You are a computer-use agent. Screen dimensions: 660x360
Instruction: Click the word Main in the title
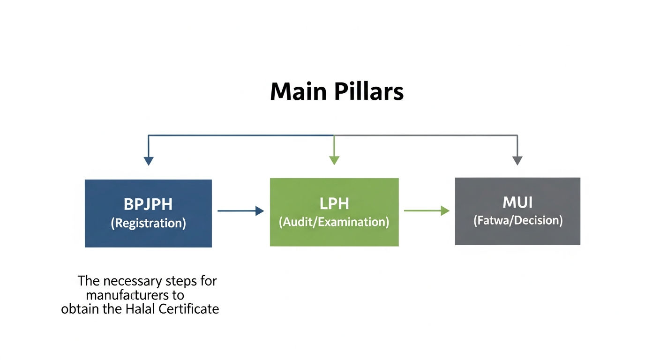pos(299,91)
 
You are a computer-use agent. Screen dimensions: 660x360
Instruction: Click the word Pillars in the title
pos(369,91)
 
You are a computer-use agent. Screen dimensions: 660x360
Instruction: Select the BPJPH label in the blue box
pos(148,204)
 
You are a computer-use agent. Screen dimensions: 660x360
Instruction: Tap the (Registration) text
pos(148,223)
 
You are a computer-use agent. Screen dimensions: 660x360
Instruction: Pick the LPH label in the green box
pos(334,203)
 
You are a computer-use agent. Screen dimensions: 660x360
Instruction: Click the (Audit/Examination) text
pos(334,222)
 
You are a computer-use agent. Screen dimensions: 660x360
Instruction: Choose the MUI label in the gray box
pos(517,202)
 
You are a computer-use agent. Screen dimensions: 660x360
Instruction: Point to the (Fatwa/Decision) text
pos(517,220)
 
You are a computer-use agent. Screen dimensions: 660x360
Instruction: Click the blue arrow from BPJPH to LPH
pos(241,211)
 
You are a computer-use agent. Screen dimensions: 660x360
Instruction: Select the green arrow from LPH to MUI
pos(427,210)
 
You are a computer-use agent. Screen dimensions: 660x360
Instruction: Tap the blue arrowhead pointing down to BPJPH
pos(149,161)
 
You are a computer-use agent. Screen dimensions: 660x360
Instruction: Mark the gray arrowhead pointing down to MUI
pos(517,161)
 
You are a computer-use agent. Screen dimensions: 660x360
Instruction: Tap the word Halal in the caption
pos(140,309)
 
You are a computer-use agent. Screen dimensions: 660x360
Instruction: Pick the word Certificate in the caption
pos(189,309)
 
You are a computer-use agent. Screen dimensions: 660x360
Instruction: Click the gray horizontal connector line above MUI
pos(426,135)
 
